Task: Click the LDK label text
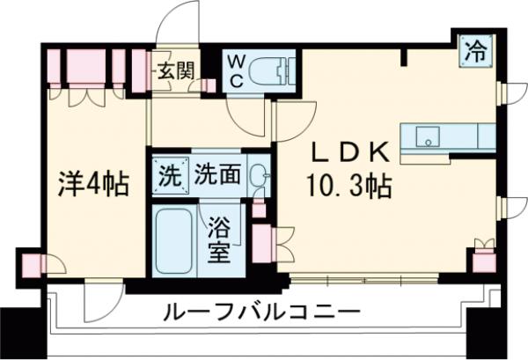click(348, 153)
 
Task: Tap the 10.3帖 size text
click(348, 187)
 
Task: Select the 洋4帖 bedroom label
click(93, 185)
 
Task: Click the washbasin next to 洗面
click(257, 176)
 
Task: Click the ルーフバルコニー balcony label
click(261, 312)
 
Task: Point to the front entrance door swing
click(180, 22)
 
